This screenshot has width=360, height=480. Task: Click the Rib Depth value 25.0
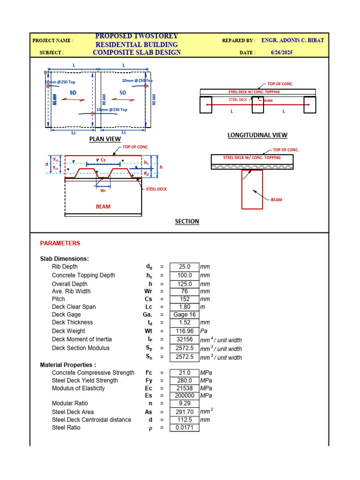(x=184, y=267)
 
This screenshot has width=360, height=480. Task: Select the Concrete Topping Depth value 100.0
(x=184, y=275)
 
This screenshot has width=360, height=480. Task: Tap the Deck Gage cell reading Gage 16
(x=184, y=315)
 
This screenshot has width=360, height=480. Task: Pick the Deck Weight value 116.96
(x=184, y=331)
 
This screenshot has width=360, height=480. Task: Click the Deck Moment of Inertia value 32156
(x=184, y=339)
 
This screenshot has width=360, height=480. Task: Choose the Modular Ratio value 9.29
(x=184, y=403)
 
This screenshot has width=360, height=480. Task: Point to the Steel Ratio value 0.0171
(x=184, y=427)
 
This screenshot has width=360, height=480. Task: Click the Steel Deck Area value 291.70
(x=184, y=412)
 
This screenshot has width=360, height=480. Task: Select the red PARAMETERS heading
(x=60, y=243)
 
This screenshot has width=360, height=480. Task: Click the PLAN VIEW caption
(x=105, y=139)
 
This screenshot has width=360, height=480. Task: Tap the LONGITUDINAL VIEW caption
(x=257, y=135)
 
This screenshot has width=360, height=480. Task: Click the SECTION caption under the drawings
(x=187, y=221)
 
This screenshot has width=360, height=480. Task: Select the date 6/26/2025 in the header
(x=282, y=52)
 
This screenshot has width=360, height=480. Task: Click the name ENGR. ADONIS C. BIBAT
(x=292, y=40)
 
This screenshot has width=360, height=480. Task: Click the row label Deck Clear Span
(x=74, y=307)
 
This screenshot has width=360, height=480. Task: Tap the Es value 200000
(x=184, y=396)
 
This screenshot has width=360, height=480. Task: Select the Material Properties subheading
(x=68, y=365)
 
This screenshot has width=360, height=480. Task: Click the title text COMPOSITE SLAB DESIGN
(x=137, y=52)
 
